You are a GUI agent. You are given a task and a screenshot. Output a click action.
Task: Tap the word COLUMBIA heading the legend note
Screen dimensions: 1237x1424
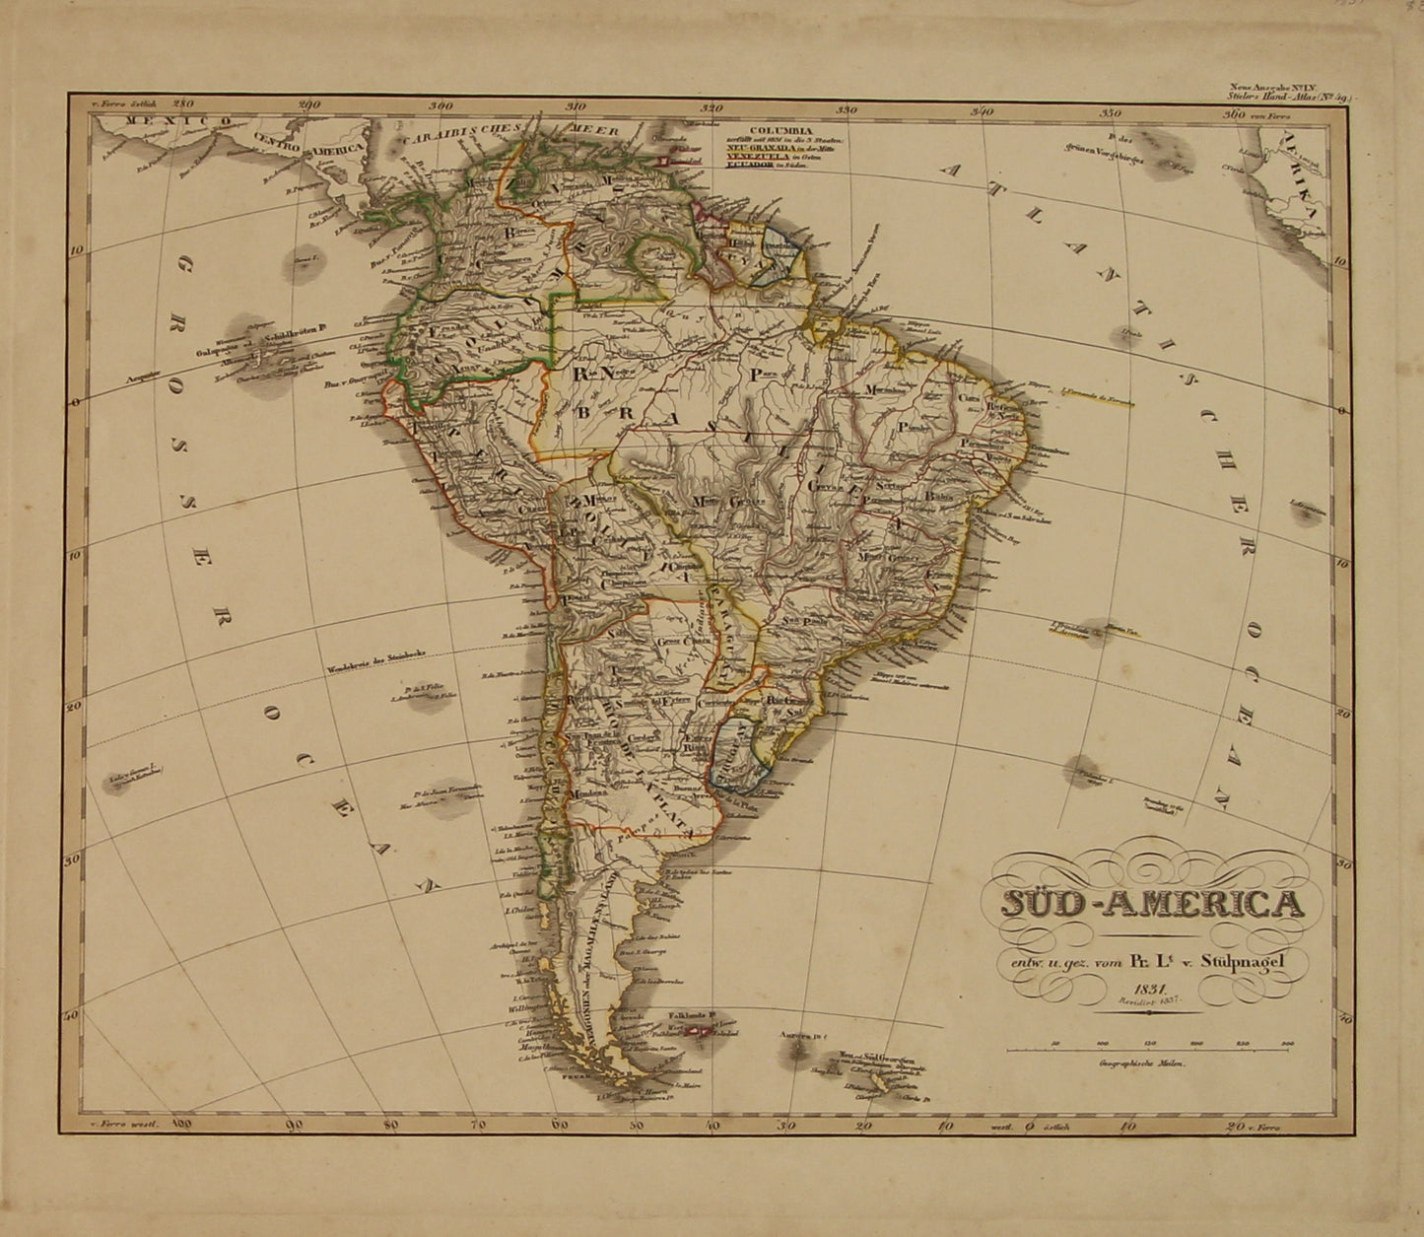[780, 129]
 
